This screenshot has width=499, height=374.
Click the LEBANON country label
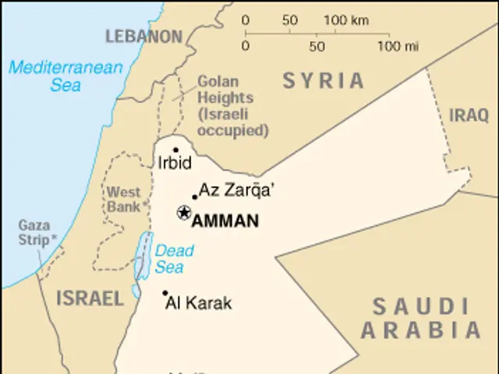[143, 37]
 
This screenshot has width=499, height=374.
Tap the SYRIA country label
[324, 80]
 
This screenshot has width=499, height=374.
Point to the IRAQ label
[468, 116]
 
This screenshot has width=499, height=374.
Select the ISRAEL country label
[90, 298]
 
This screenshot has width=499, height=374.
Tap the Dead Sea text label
[170, 259]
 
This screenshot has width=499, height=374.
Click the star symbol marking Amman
[184, 212]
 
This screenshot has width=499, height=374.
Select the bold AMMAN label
[225, 221]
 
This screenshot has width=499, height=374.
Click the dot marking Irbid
[176, 150]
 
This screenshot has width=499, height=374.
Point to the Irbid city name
[174, 164]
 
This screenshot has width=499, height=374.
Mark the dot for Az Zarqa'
[195, 197]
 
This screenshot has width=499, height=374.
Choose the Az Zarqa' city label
[238, 189]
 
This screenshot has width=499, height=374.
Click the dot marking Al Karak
[165, 294]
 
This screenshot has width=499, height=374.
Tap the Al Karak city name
[199, 304]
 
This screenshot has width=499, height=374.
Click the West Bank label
[124, 199]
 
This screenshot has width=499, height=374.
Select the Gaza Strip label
[36, 232]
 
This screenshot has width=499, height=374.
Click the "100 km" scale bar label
[345, 20]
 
